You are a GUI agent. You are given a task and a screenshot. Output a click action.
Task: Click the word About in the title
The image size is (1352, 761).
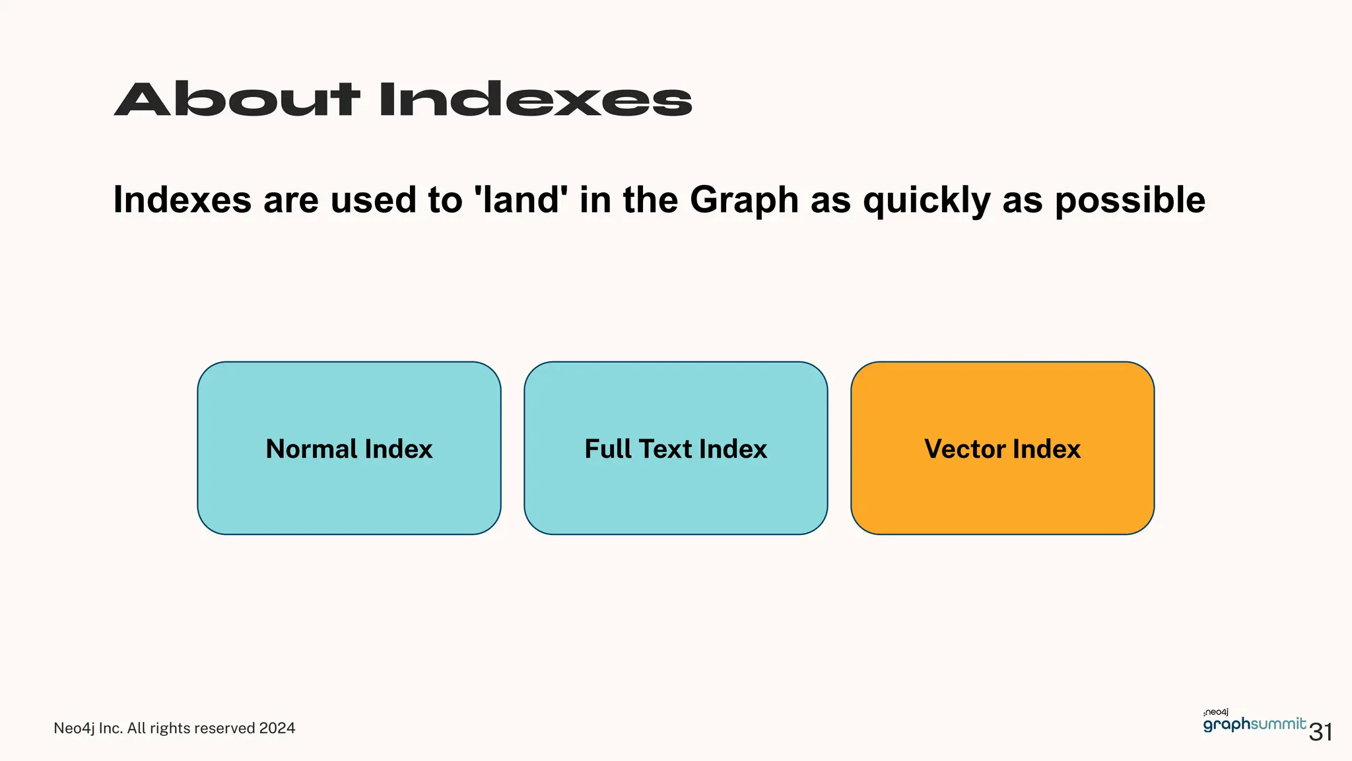pos(237,100)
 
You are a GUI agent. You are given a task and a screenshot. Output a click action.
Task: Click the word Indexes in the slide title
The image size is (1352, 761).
pos(535,100)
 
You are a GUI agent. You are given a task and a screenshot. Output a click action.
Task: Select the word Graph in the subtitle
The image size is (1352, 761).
pos(744,201)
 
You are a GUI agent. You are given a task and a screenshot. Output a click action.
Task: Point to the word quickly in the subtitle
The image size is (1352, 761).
pos(926,201)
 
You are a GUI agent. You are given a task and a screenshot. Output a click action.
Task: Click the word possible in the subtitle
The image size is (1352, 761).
pos(1130,201)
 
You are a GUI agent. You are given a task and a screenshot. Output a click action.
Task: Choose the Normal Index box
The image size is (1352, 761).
pos(349,489)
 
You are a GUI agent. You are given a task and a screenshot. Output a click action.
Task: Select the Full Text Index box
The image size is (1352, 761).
pos(675,489)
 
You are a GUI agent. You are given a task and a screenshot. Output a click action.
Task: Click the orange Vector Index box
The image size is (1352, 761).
pos(1002,489)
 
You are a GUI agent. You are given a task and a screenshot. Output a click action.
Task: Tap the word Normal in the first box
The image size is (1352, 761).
pos(311,449)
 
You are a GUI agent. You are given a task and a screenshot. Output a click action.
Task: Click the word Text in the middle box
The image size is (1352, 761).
pos(666,449)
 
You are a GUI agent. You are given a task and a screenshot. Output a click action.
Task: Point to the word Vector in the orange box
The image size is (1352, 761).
pos(964,449)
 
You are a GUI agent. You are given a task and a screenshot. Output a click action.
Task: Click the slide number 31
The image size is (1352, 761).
pos(1320,733)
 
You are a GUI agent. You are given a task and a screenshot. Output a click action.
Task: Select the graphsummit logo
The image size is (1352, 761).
pos(1254,725)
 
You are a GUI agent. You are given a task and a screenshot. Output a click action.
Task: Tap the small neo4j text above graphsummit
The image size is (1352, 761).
pos(1216,712)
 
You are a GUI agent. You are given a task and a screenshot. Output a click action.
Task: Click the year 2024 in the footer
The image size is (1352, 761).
pos(277,728)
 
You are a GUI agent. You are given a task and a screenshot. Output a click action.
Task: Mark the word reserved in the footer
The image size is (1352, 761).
pos(224,728)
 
